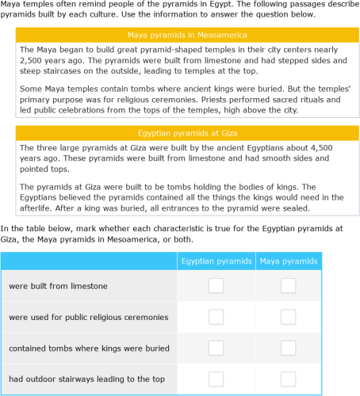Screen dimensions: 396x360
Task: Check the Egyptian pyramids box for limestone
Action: [x=216, y=285]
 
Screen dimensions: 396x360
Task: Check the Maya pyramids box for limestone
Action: [x=289, y=285]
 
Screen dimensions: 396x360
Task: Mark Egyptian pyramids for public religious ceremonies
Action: [x=216, y=317]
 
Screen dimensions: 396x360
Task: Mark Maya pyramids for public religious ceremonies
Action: [x=289, y=317]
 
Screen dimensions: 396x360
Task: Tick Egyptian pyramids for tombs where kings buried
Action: [x=216, y=348]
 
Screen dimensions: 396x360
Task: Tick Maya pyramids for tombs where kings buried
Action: [x=289, y=348]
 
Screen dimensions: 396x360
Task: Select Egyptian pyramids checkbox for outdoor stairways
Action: [x=216, y=379]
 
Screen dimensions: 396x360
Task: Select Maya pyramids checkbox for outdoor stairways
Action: [x=289, y=379]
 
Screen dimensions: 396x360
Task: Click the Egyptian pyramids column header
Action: [x=216, y=261]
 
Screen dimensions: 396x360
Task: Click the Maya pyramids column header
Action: [x=289, y=261]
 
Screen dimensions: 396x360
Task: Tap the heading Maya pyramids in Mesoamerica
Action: [x=187, y=36]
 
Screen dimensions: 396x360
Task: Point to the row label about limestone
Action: [x=58, y=286]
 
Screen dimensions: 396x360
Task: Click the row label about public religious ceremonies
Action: [x=88, y=317]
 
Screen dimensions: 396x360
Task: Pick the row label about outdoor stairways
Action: [x=86, y=379]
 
